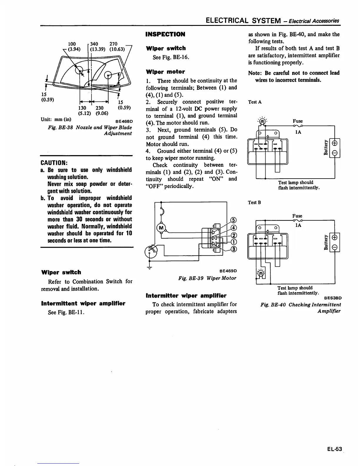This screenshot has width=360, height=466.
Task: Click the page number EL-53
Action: [334, 449]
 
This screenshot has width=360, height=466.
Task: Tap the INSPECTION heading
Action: [165, 34]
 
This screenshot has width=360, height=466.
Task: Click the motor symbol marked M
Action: [161, 228]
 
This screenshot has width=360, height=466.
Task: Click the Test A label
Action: [255, 102]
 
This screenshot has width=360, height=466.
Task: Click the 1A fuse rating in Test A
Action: [298, 132]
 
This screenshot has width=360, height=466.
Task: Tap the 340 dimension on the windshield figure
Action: [94, 44]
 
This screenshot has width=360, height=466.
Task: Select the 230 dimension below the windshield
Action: [100, 108]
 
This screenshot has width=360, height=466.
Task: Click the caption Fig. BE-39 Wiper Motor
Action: [207, 278]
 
